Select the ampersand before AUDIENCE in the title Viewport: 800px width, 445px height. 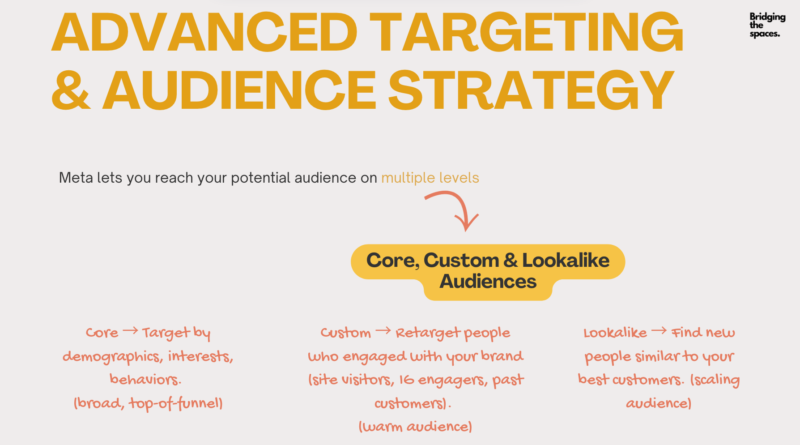tap(71, 90)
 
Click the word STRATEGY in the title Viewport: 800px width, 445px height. tap(531, 90)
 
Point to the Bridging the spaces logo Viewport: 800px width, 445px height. tap(767, 25)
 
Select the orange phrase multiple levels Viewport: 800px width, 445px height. tap(430, 178)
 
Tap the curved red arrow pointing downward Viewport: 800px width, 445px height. tap(454, 204)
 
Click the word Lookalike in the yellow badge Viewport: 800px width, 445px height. tap(566, 260)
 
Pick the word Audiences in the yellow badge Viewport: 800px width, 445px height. tap(488, 282)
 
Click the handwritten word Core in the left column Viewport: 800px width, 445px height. tap(102, 333)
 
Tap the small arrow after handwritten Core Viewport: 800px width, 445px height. tap(130, 331)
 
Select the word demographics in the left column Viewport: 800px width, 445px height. tap(111, 357)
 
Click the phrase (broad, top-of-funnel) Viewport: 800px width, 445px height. tap(148, 404)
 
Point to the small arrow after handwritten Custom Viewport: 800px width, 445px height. tap(383, 331)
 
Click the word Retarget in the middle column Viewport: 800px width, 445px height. tap(428, 334)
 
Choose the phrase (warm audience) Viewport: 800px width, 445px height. tap(415, 427)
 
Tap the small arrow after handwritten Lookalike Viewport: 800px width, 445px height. tap(659, 331)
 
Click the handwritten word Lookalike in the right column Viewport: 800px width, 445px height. tap(615, 333)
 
